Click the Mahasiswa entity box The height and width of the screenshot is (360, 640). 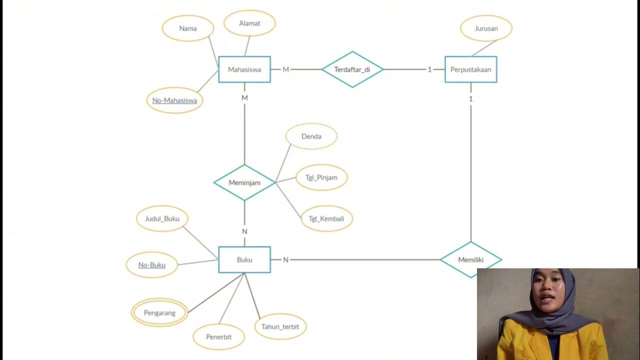coord(244,69)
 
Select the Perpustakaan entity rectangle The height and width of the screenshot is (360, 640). coord(470,69)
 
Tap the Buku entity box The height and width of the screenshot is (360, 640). coord(244,259)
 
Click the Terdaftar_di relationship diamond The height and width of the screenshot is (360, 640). coord(352,69)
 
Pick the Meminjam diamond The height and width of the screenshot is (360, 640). coord(244,182)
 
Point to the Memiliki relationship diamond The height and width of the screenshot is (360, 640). coord(470,259)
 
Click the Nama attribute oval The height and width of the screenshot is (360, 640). coord(188,28)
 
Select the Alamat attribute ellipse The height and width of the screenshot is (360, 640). coord(249,23)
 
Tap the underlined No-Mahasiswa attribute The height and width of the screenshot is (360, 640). coord(174,100)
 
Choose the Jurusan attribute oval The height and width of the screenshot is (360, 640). coord(486,28)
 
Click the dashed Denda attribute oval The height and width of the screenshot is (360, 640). coord(311,136)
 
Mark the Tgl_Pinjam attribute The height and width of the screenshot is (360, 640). coord(321,177)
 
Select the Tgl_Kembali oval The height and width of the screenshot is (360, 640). coord(326,218)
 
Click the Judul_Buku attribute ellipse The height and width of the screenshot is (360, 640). coord(162,218)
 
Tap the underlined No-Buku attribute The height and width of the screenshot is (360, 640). coord(151,265)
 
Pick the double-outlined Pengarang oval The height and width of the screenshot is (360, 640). coord(159,313)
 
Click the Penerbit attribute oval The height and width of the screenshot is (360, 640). coord(219,337)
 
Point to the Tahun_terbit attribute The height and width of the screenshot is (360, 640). coord(280,326)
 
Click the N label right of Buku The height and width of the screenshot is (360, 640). coord(286,260)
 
